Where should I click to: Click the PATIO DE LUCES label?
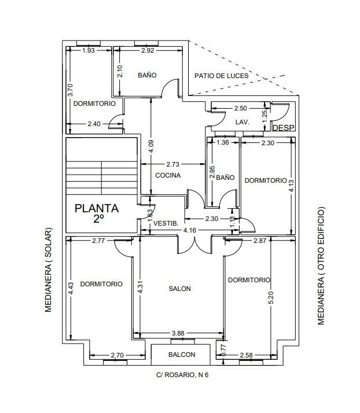click(222, 76)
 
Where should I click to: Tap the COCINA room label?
click(168, 175)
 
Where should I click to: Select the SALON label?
click(179, 289)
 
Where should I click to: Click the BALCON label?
click(182, 355)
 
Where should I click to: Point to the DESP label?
click(283, 128)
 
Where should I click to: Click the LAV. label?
click(242, 123)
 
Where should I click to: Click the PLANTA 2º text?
click(97, 213)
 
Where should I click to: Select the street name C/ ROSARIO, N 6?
click(182, 374)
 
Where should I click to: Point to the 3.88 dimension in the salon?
click(178, 333)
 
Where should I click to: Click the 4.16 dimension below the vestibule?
click(189, 230)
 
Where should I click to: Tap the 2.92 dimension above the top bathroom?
click(148, 51)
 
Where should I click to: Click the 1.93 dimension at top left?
click(89, 51)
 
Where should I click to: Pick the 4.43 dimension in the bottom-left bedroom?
click(71, 289)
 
